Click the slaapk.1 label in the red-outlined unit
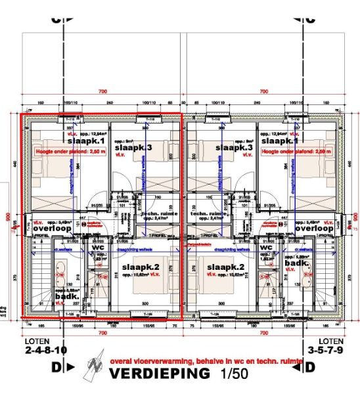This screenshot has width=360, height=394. (82, 141)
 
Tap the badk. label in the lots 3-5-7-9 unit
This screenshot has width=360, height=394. (297, 263)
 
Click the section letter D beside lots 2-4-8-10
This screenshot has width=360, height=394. (56, 365)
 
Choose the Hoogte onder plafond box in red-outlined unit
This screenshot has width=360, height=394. (64, 151)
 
